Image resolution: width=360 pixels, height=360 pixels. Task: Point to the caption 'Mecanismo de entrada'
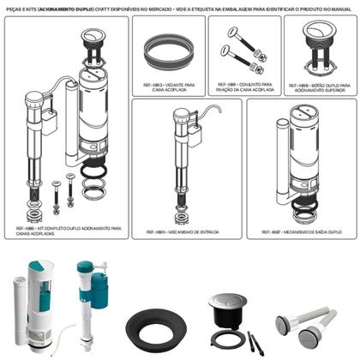178,232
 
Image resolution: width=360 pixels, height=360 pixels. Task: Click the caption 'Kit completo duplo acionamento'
69,231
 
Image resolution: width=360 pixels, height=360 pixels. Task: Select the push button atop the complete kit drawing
92,32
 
